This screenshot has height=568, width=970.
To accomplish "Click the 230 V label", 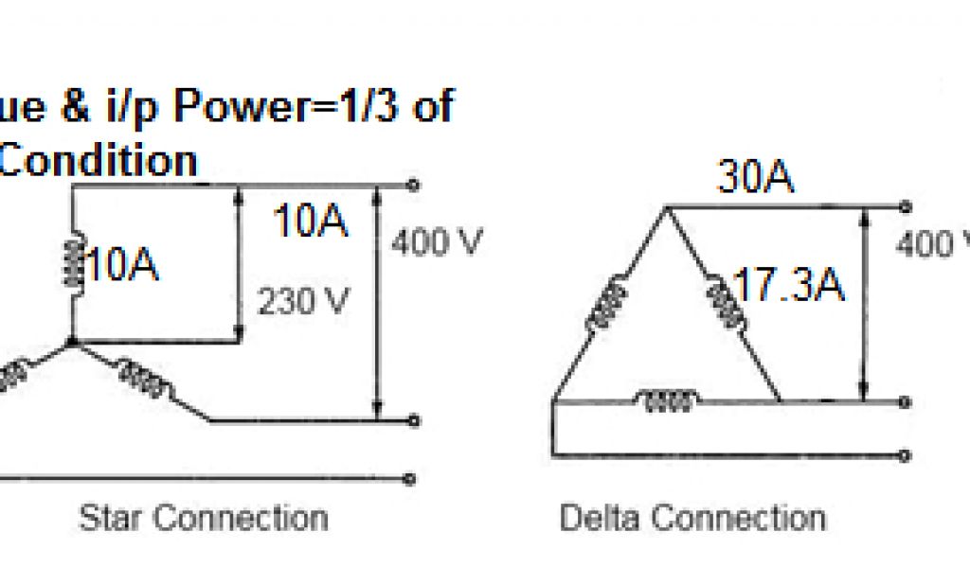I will click(x=303, y=302).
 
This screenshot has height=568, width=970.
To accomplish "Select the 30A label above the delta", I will click(x=755, y=178).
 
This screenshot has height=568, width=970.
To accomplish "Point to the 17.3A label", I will click(x=788, y=286).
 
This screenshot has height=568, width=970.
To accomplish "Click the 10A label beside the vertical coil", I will click(x=123, y=268).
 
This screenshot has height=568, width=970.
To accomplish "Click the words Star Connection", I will click(x=204, y=518).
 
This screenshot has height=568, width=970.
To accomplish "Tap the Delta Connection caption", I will click(x=692, y=518).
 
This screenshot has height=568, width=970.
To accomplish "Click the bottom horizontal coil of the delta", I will click(x=668, y=401).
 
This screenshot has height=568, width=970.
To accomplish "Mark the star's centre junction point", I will click(x=72, y=342).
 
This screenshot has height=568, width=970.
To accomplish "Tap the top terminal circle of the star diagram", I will click(x=411, y=185).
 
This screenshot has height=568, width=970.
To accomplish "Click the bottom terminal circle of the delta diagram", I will click(x=907, y=456).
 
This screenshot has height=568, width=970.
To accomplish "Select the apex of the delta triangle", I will click(x=666, y=207).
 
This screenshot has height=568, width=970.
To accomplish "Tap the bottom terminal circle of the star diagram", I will click(x=411, y=478).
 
